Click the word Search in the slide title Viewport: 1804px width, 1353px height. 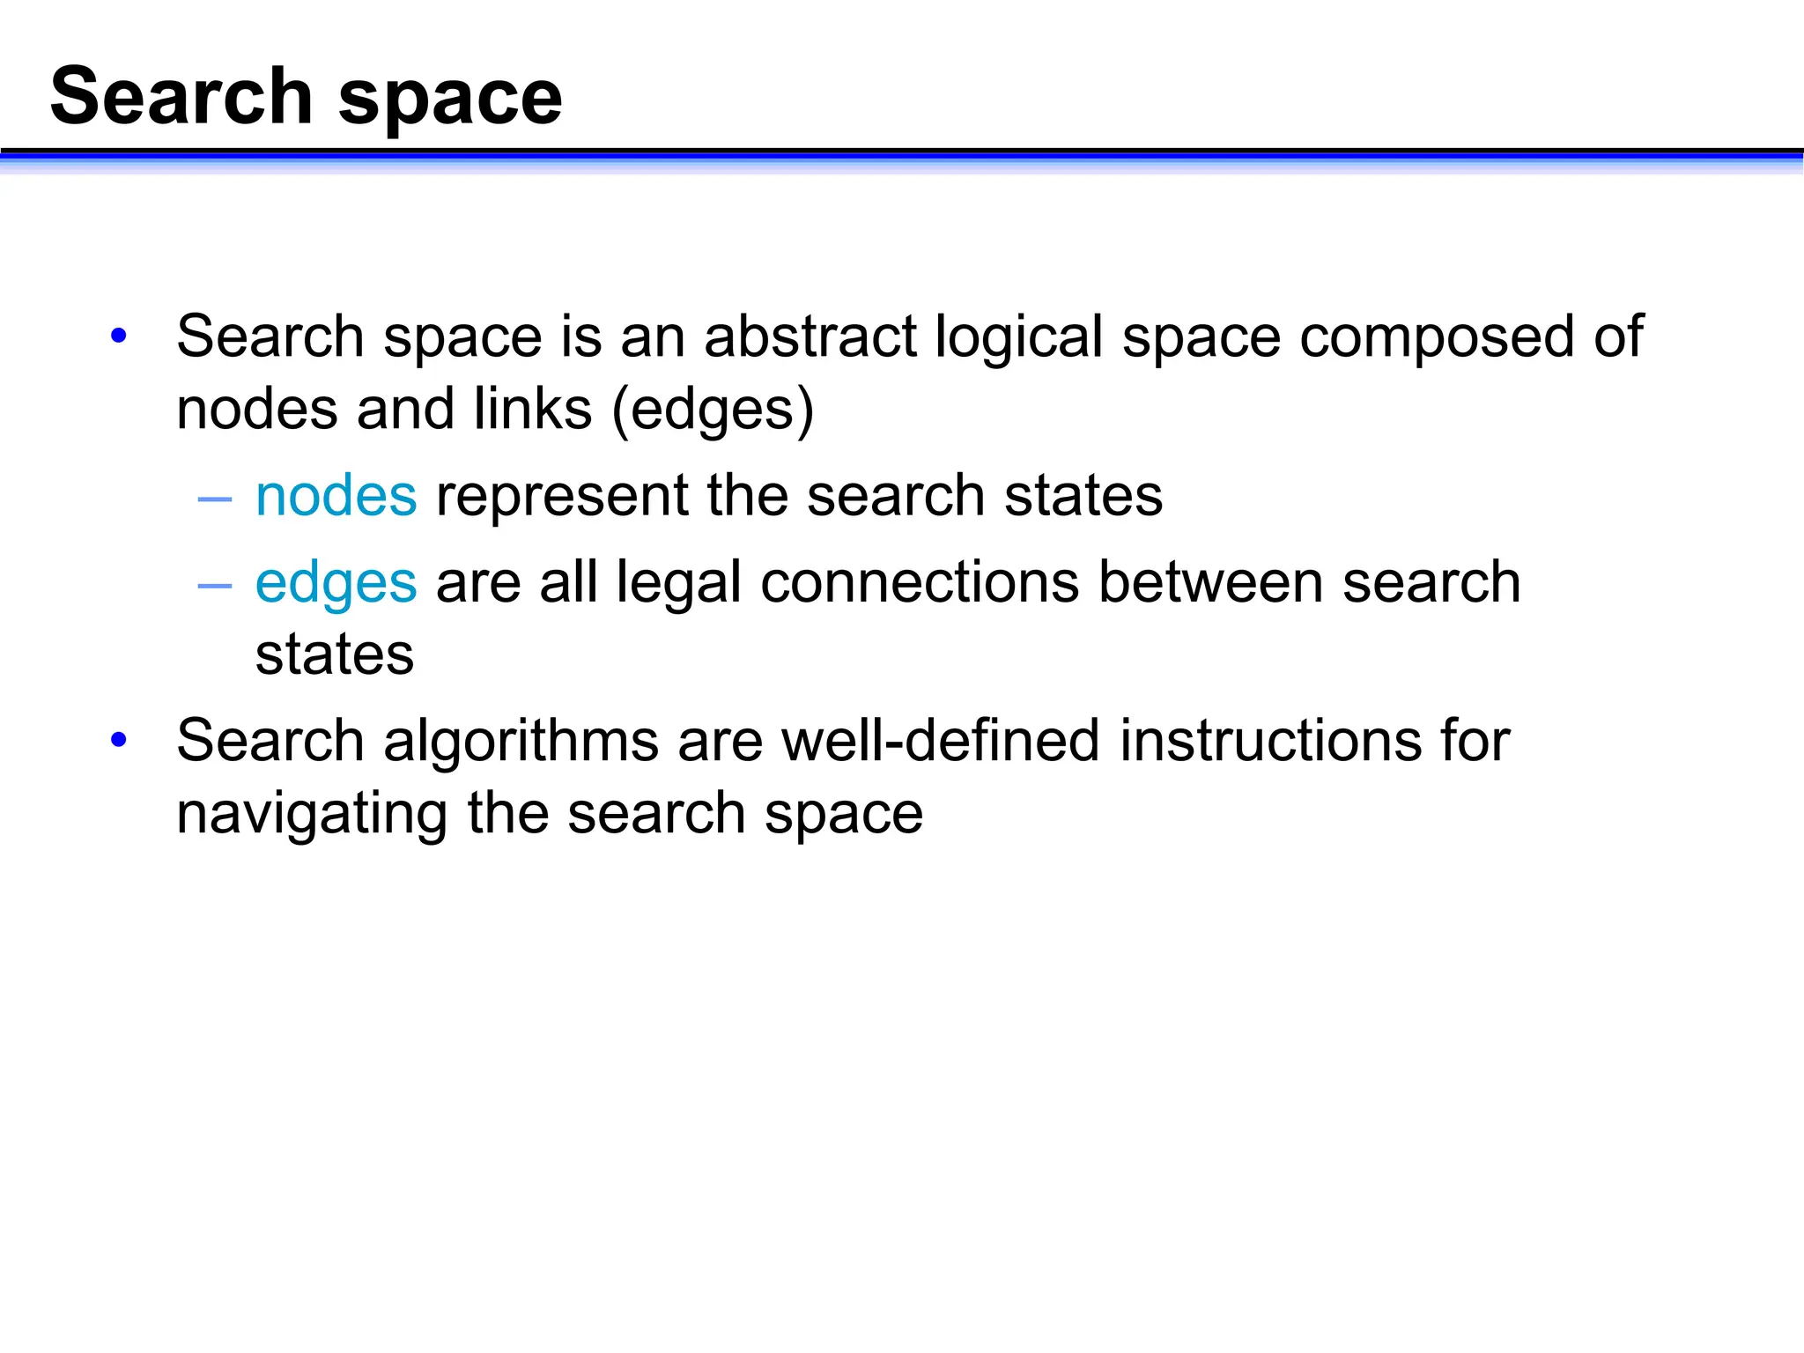tap(181, 96)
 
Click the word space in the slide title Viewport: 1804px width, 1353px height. tap(450, 100)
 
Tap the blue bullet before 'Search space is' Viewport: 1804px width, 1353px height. tap(119, 336)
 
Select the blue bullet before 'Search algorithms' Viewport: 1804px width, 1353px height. tap(119, 739)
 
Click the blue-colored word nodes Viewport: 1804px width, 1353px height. tap(336, 496)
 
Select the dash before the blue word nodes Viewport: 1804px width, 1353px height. tap(215, 499)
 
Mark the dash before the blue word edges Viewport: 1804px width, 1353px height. tap(215, 586)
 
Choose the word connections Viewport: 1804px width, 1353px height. tap(919, 583)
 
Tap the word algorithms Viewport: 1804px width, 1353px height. tap(521, 743)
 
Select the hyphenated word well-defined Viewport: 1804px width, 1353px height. tap(941, 741)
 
